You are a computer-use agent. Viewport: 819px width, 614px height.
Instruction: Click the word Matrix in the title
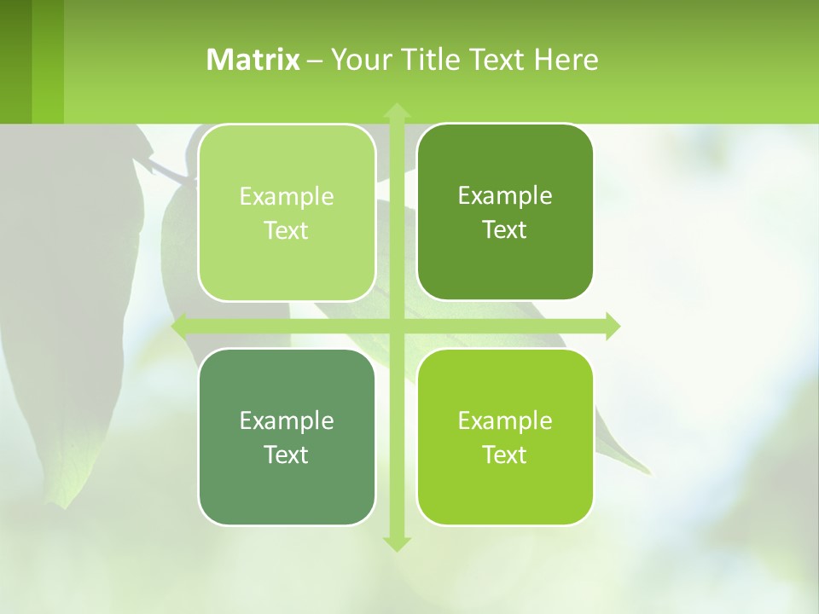coord(253,60)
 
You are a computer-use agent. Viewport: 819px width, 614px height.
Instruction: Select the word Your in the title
coord(358,60)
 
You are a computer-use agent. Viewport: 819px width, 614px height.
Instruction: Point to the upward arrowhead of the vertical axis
coord(396,111)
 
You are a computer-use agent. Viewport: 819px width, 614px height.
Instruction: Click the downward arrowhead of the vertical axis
coord(396,543)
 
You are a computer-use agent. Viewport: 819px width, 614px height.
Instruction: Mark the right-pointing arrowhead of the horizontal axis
coord(613,326)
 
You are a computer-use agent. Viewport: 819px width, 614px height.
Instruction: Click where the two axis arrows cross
coord(396,326)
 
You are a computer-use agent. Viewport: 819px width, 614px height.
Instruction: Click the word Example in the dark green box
coord(505,195)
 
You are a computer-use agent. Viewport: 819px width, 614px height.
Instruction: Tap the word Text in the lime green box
coord(505,455)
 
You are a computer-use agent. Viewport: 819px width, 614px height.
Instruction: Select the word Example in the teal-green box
coord(287,420)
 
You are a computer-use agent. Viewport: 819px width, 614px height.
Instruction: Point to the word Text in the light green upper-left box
coord(287,230)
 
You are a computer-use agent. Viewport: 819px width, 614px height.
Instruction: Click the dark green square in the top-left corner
coord(15,61)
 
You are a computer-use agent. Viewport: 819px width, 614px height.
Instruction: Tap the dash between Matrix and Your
coord(315,61)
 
